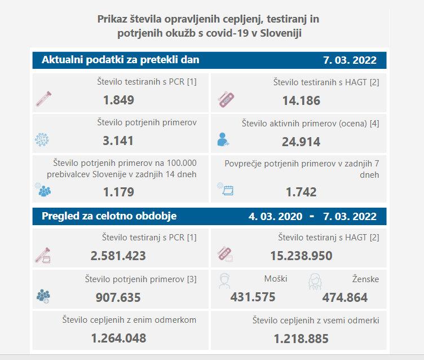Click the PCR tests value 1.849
pyautogui.click(x=118, y=100)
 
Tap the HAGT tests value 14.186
pyautogui.click(x=301, y=101)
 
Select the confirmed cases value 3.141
pyautogui.click(x=118, y=141)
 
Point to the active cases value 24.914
pyautogui.click(x=301, y=142)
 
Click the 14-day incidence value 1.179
pyautogui.click(x=118, y=192)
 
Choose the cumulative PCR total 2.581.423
pyautogui.click(x=118, y=256)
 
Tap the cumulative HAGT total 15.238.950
pyautogui.click(x=301, y=256)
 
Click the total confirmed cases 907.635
pyautogui.click(x=118, y=297)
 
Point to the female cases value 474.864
pyautogui.click(x=345, y=297)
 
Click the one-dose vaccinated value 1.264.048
pyautogui.click(x=118, y=338)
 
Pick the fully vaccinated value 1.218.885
pyautogui.click(x=301, y=339)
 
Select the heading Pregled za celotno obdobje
pyautogui.click(x=109, y=216)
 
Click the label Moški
pyautogui.click(x=276, y=279)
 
